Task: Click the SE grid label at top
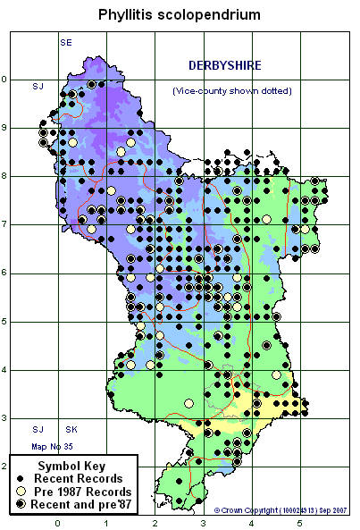tap(65, 43)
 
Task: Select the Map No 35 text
tap(47, 445)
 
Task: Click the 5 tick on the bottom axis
tap(298, 523)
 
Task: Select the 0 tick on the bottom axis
tap(57, 523)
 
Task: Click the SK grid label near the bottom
tap(71, 430)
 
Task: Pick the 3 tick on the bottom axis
tap(202, 523)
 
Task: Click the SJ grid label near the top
tap(38, 86)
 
